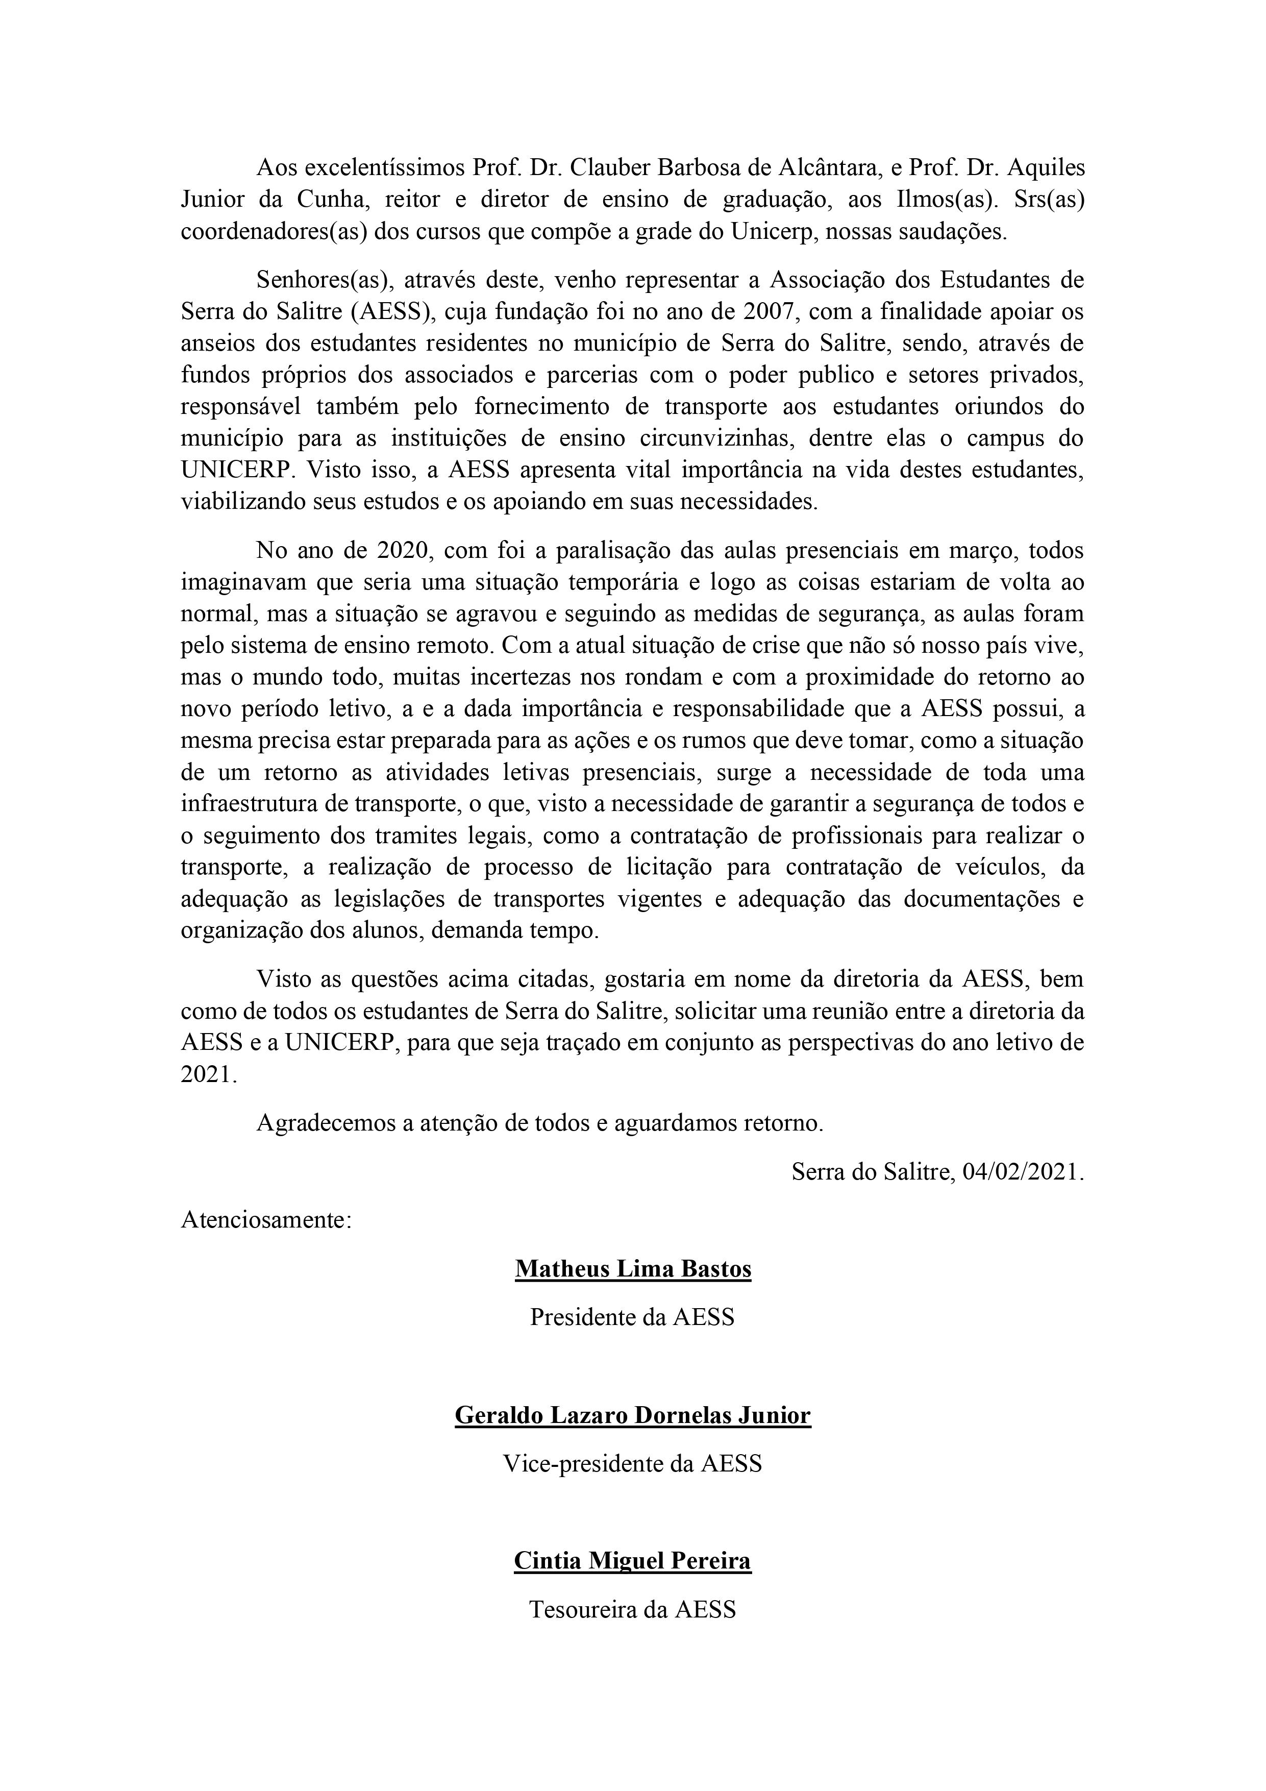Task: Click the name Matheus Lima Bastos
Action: [x=633, y=1269]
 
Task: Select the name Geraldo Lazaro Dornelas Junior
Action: [x=633, y=1415]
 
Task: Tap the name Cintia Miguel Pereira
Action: [x=633, y=1561]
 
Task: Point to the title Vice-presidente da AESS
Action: [x=633, y=1463]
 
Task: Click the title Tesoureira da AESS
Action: [x=633, y=1609]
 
